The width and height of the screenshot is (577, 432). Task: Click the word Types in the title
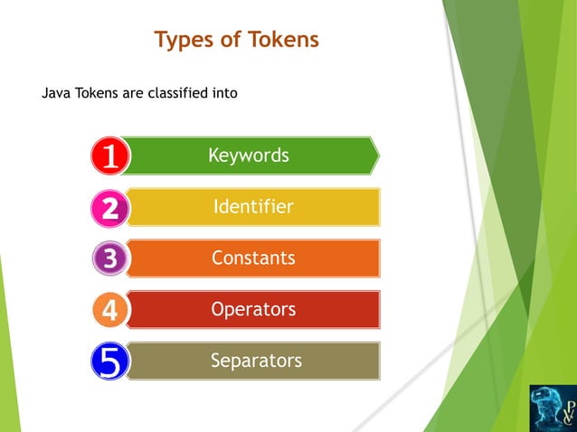(181, 41)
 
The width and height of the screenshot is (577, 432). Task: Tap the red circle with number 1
(110, 156)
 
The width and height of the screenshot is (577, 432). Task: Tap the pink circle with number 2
(110, 208)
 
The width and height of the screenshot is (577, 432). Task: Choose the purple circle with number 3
(110, 259)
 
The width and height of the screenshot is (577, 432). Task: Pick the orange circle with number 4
(110, 311)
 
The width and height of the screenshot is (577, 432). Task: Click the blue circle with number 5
(110, 362)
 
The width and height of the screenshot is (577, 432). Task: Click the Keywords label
(249, 155)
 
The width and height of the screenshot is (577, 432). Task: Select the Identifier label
(253, 207)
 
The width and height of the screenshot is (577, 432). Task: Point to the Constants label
(253, 258)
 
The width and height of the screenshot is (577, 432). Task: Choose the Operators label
(253, 310)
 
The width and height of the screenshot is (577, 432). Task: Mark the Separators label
(256, 362)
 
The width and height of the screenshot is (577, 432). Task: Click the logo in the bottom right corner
(551, 407)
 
